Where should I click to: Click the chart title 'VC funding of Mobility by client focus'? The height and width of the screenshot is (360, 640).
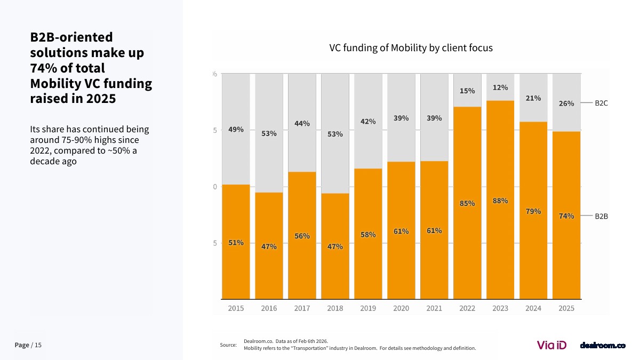[x=411, y=47]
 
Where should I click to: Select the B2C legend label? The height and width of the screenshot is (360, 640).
[x=601, y=103]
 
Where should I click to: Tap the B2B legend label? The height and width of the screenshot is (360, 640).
[x=601, y=216]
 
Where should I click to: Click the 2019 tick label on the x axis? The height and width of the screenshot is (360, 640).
[x=368, y=308]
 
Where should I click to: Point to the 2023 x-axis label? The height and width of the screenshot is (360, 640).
[x=500, y=308]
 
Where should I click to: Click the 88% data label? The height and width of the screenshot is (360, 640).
[x=500, y=201]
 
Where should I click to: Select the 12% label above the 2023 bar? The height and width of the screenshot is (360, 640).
[x=500, y=87]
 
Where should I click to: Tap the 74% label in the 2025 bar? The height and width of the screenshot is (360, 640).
[x=566, y=216]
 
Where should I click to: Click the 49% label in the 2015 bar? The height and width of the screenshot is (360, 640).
[x=236, y=129]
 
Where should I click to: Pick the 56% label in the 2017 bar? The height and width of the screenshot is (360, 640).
[x=302, y=236]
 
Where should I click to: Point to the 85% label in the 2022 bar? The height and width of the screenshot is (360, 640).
[x=467, y=203]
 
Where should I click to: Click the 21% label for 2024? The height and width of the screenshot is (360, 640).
[x=533, y=98]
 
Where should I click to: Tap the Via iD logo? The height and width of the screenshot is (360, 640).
[x=551, y=345]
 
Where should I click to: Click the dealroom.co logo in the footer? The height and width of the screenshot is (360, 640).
[x=603, y=346]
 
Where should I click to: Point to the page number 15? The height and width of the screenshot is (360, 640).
[x=38, y=345]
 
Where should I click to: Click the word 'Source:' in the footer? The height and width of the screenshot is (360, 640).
[x=228, y=345]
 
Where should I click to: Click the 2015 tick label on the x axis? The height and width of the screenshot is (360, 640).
[x=236, y=308]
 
